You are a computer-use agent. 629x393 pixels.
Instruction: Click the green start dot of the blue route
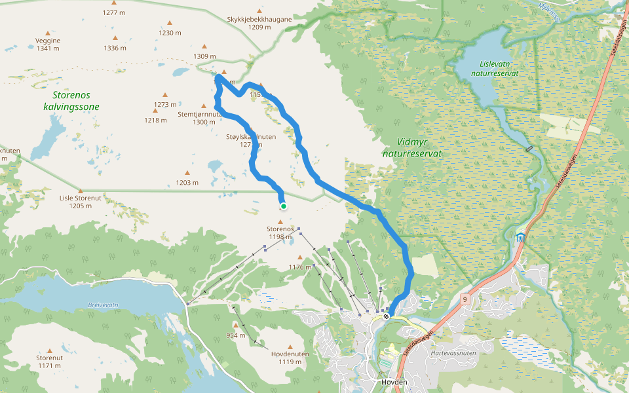[284, 206]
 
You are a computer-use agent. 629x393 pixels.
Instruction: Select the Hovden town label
[394, 382]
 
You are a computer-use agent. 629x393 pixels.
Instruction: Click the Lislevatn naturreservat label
[499, 69]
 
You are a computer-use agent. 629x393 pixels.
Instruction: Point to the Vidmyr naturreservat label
[412, 147]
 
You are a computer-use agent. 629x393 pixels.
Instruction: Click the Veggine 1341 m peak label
[48, 44]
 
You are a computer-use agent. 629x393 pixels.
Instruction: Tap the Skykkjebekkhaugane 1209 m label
[259, 23]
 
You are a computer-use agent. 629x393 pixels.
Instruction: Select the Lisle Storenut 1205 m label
[81, 201]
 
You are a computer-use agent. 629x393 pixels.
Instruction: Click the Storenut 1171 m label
[49, 362]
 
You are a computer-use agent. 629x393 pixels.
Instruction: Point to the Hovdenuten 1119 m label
[290, 358]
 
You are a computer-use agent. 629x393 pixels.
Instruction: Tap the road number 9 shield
[465, 299]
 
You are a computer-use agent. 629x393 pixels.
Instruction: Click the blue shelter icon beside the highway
[520, 237]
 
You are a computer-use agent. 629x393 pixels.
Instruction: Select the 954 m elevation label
[236, 335]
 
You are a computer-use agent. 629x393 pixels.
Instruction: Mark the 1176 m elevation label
[299, 267]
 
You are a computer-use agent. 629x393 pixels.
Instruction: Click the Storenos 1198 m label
[279, 233]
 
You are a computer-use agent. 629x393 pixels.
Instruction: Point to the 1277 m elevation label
[114, 12]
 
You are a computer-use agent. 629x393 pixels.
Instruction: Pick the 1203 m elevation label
[186, 183]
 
